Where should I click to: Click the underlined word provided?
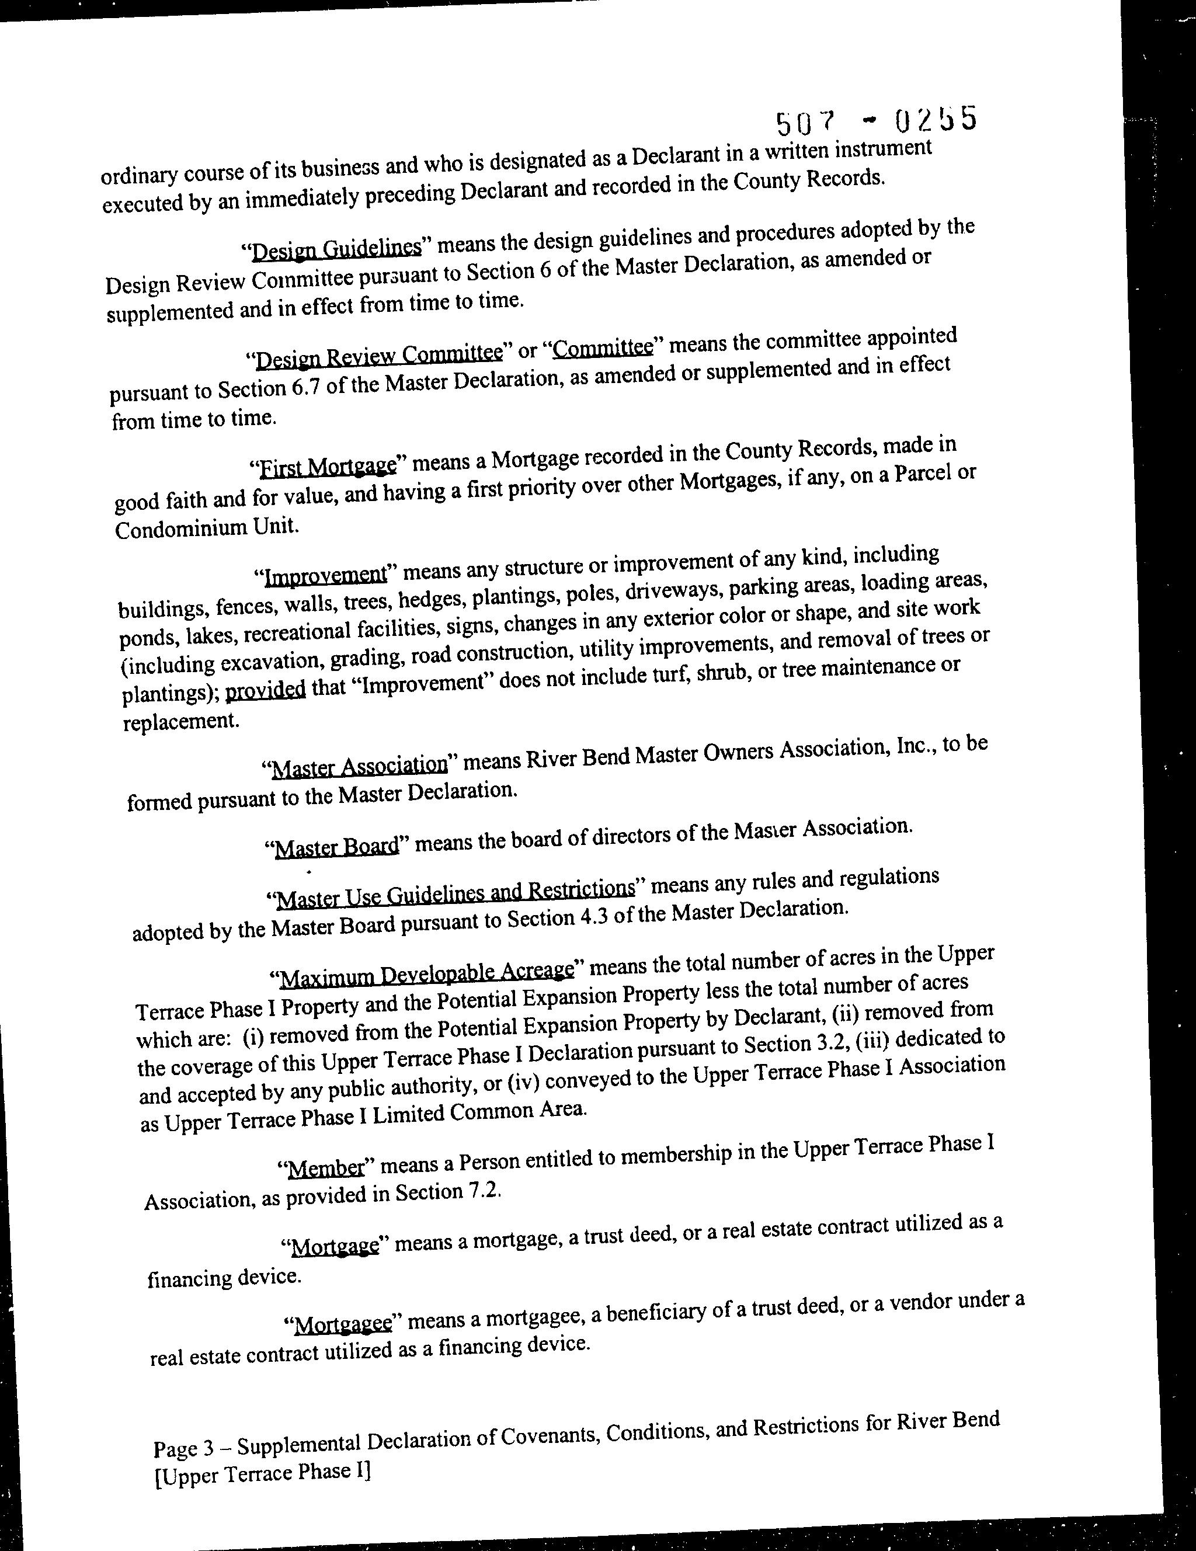[x=266, y=690]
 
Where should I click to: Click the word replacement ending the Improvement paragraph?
[x=181, y=722]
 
